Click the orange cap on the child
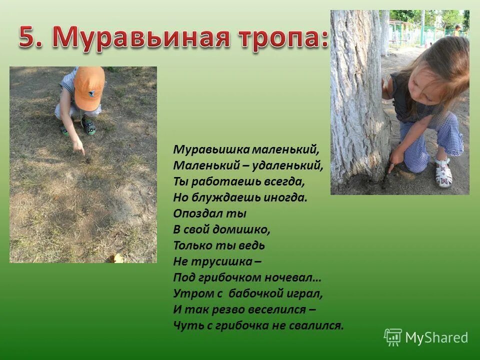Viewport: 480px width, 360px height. point(89,88)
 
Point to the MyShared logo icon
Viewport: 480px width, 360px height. point(392,337)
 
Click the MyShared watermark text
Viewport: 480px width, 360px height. point(436,338)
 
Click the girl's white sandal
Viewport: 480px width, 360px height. point(442,172)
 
